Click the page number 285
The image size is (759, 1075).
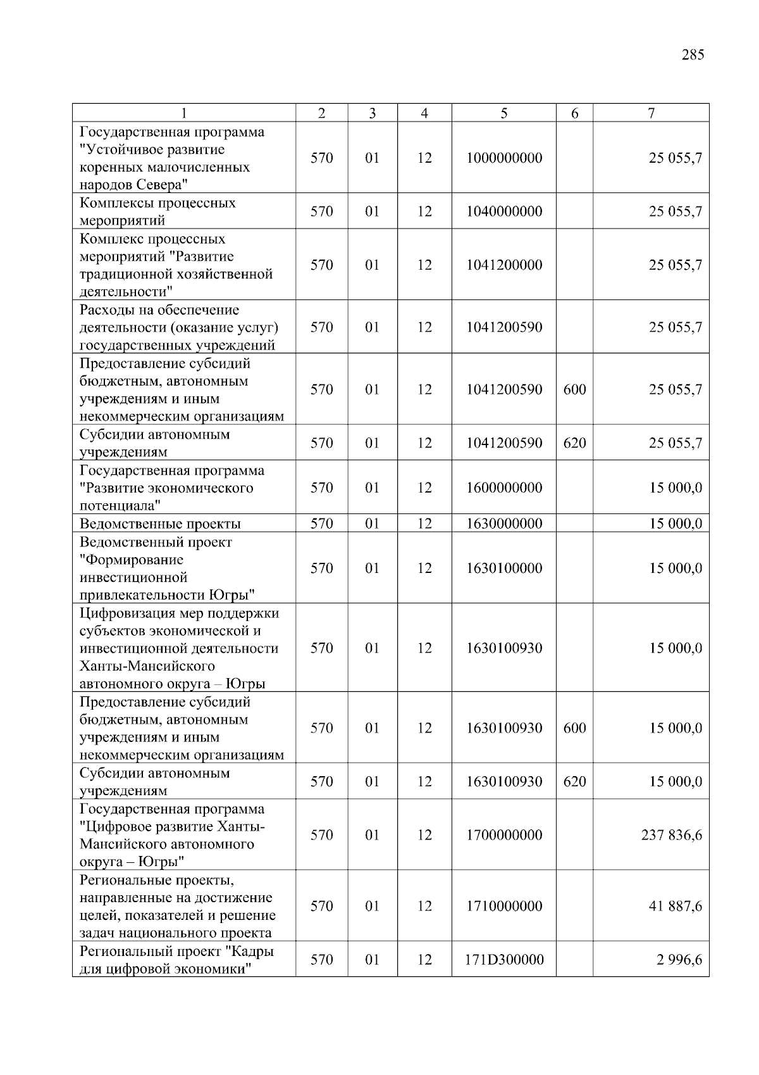(693, 55)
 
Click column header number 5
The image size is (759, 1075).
(503, 113)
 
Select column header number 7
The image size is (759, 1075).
(651, 113)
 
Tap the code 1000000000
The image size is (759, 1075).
(503, 158)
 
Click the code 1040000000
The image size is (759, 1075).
(503, 211)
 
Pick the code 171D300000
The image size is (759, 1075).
(503, 960)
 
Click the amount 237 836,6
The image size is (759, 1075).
(671, 835)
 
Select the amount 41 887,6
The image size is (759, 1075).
(675, 907)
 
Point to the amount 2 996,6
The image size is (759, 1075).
(679, 960)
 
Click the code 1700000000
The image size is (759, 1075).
(503, 835)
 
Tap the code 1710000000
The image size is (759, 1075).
(503, 907)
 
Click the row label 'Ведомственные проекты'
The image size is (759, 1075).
(160, 524)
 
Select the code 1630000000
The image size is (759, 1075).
(503, 524)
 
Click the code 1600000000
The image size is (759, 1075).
(503, 488)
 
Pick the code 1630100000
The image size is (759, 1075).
(503, 569)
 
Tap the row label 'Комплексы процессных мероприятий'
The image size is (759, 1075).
(157, 211)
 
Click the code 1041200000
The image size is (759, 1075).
(503, 265)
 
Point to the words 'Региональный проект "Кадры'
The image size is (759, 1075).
(176, 952)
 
